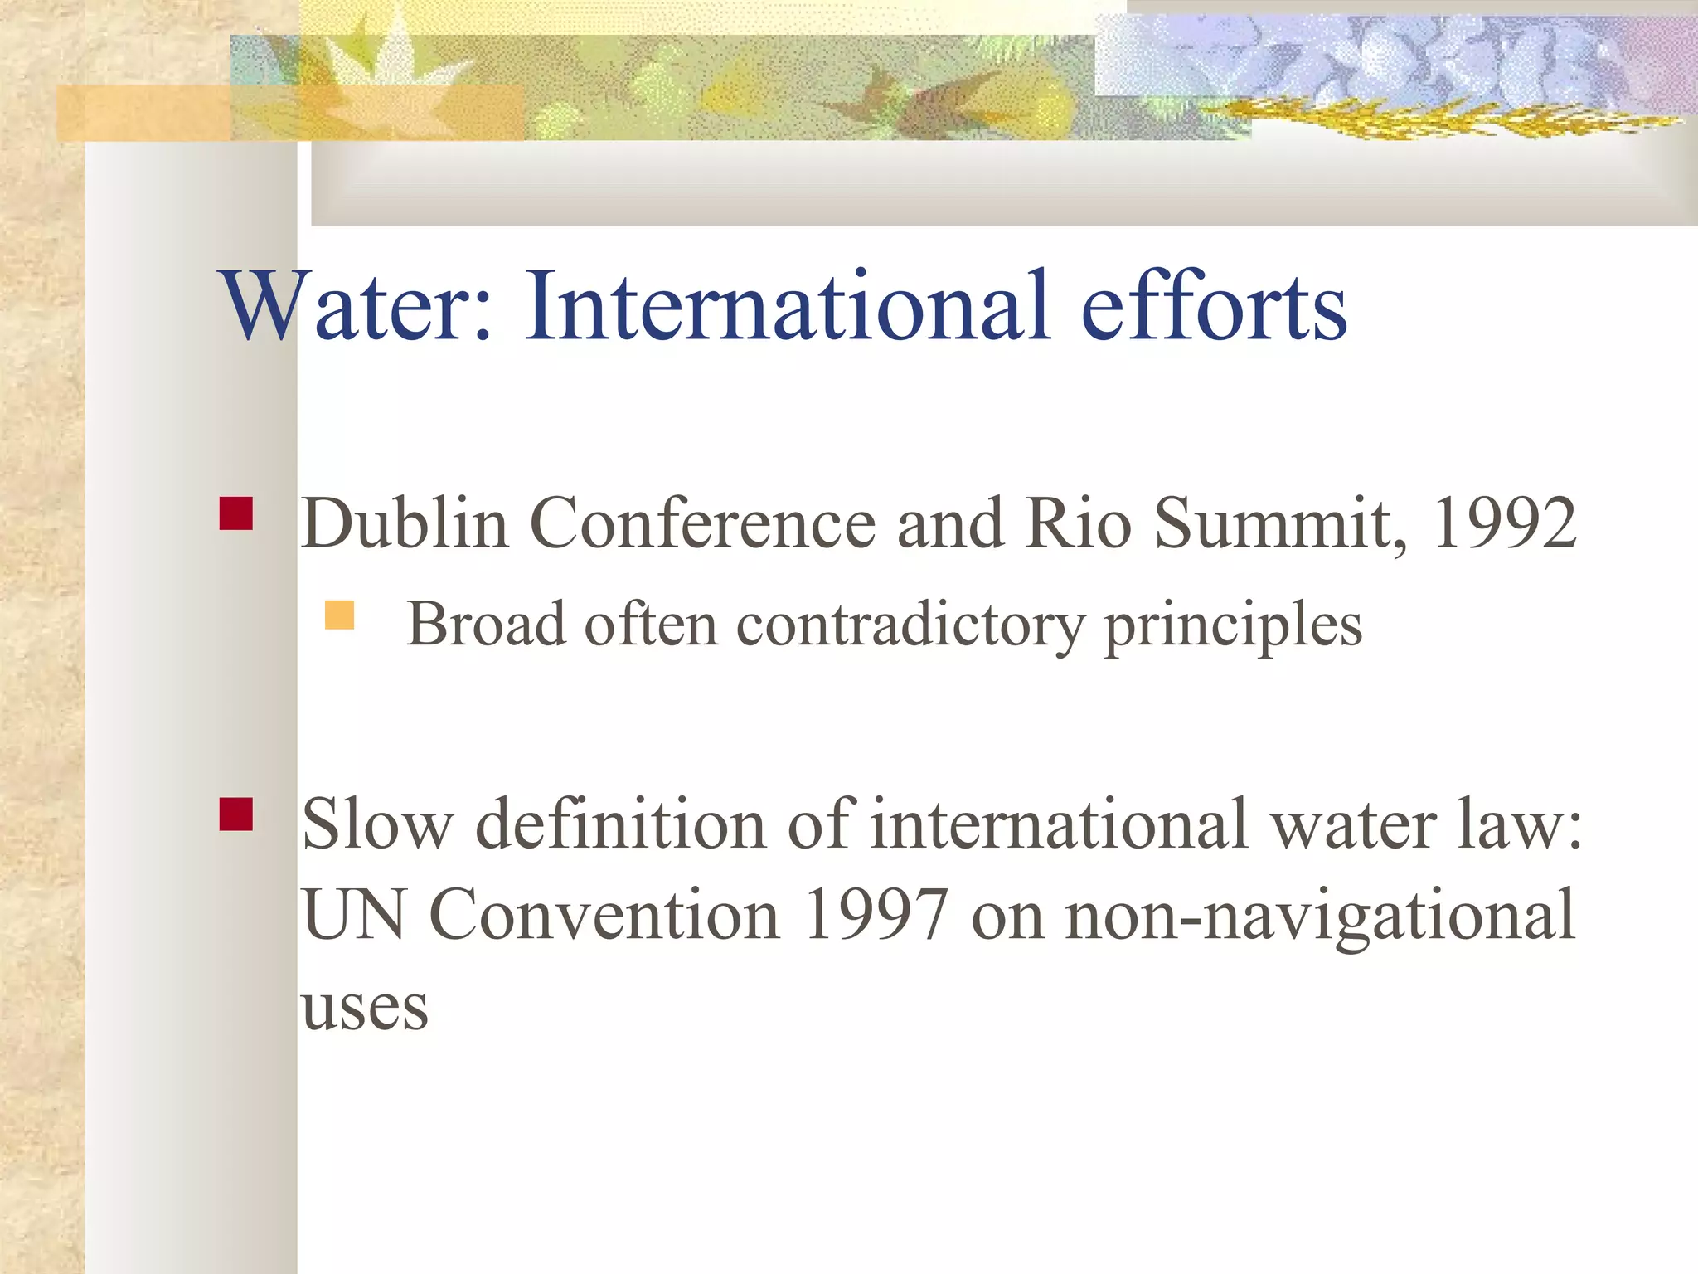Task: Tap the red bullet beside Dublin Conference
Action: [236, 513]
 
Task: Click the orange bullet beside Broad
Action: [339, 615]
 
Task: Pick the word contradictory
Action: [910, 624]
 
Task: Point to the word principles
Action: [1234, 625]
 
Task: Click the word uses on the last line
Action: [365, 1008]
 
